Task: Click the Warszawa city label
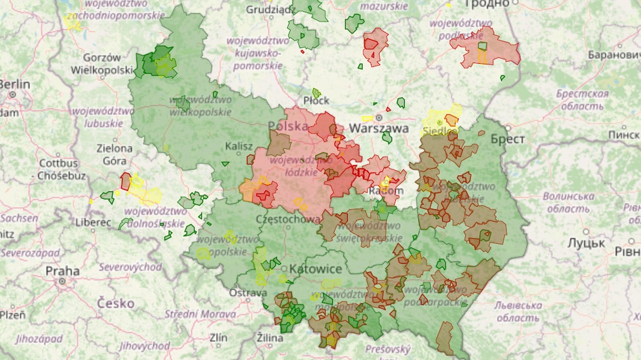[378, 128]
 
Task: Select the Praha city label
[62, 271]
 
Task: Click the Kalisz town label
[239, 146]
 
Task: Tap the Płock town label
[316, 101]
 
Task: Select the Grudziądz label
[270, 9]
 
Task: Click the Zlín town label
[219, 337]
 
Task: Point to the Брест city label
[507, 139]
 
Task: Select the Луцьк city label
[586, 242]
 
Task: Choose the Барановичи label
[613, 55]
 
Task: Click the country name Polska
[288, 126]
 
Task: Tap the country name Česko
[116, 303]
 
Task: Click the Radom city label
[386, 190]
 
